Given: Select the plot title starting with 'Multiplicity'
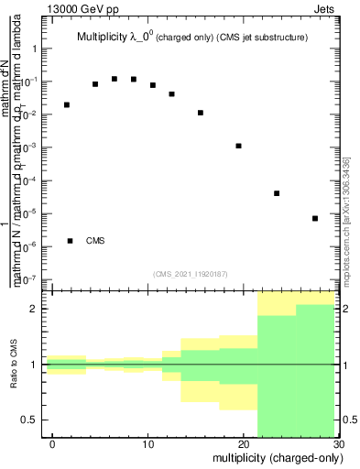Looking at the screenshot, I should [191, 38].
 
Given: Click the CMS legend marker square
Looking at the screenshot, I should [71, 241].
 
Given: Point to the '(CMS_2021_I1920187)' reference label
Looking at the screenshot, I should [190, 273].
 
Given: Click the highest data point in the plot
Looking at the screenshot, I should [115, 79].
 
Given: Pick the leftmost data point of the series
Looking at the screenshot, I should [67, 104].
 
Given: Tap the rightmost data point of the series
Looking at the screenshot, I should [315, 218].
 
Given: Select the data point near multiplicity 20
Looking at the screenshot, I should [238, 146].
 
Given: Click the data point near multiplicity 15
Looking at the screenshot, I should [201, 113].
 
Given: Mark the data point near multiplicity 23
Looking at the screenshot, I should [277, 193].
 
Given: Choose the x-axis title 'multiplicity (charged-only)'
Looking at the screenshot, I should [275, 457].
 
